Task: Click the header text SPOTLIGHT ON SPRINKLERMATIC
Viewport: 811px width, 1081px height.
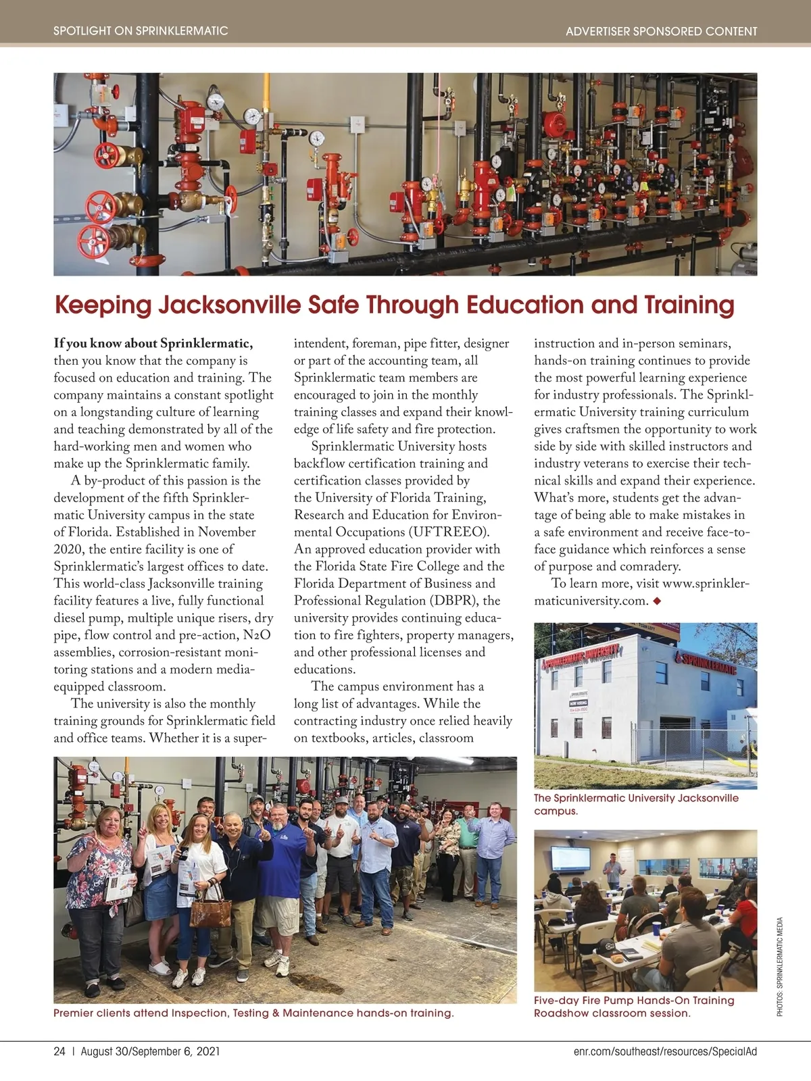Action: point(141,31)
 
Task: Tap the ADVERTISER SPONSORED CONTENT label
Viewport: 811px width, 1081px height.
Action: point(661,31)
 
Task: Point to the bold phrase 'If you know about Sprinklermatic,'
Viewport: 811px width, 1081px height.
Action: point(153,343)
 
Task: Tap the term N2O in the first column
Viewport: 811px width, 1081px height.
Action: point(257,635)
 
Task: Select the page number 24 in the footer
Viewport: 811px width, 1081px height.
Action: point(59,1051)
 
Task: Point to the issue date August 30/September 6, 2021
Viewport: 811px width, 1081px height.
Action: point(150,1051)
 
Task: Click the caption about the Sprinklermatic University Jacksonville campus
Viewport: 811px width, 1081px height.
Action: point(635,804)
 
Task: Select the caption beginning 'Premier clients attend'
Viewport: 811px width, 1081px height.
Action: point(253,1013)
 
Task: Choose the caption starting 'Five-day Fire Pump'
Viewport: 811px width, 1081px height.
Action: point(634,1007)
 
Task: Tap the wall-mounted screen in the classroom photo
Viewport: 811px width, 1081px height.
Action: point(570,858)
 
